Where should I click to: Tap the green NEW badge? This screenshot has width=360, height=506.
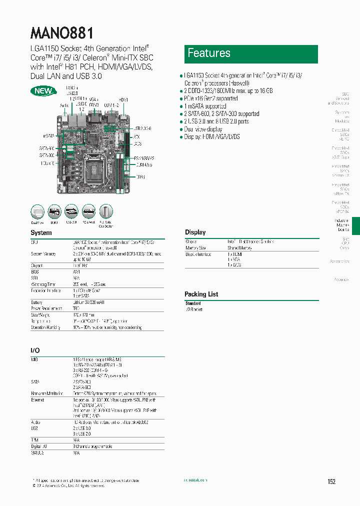[42, 91]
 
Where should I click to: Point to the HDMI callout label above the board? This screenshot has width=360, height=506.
[123, 100]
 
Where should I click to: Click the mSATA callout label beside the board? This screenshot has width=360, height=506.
[48, 135]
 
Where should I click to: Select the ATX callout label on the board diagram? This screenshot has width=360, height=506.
[136, 136]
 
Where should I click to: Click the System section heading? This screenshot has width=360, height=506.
[41, 233]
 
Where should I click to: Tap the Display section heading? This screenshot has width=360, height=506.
[195, 232]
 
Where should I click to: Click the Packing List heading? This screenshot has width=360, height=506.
[201, 294]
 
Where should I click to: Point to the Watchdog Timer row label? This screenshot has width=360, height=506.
[44, 283]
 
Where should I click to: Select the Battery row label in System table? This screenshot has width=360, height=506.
[37, 302]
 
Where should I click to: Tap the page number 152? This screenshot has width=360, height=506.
[331, 481]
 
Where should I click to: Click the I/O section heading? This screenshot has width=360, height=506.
[35, 350]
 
